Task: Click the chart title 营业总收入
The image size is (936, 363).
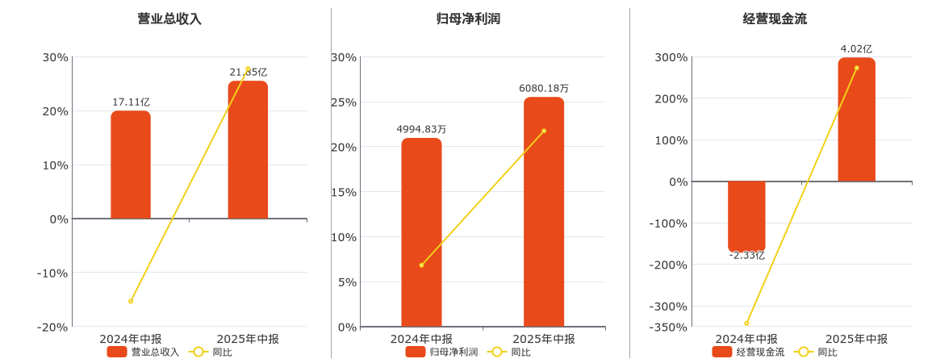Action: pos(169,19)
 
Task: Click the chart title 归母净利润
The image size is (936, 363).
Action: pos(468,19)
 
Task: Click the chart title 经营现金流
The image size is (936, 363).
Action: pos(775,19)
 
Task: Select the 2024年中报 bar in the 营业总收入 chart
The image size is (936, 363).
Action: pos(131,165)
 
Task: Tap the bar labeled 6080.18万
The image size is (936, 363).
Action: pos(544,212)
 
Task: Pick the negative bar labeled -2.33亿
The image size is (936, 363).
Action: pos(746,215)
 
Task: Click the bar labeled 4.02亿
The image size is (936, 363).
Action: pos(856,119)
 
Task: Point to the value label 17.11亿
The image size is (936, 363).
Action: pos(131,102)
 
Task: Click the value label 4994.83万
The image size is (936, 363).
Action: pos(421,129)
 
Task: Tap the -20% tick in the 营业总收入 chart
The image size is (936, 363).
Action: pos(53,327)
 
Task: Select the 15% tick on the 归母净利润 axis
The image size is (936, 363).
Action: pos(343,192)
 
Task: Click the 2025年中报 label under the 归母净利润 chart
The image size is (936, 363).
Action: pos(544,339)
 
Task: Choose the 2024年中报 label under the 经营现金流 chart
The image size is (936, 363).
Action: pos(746,339)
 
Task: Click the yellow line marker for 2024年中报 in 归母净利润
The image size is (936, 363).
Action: pos(421,265)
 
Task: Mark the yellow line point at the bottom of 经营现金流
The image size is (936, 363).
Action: pos(746,323)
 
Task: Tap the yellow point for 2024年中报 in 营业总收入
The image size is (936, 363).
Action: pos(131,301)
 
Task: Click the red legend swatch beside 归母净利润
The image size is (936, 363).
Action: pos(416,352)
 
